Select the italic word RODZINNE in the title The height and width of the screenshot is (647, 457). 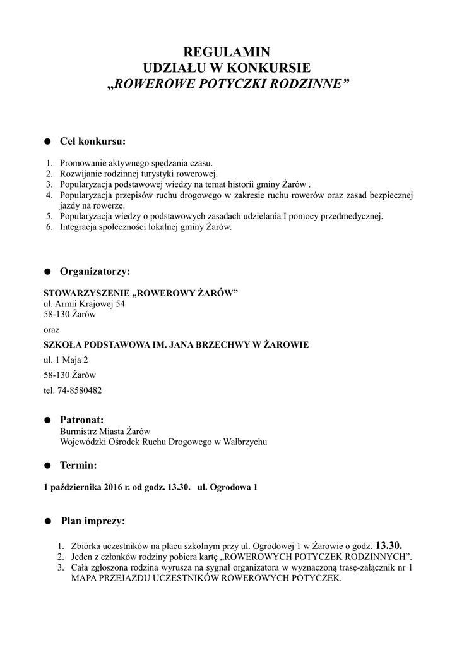(309, 83)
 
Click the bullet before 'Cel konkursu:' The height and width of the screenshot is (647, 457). (47, 141)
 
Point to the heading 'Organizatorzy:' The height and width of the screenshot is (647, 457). (95, 272)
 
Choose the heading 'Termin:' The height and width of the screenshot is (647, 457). (78, 466)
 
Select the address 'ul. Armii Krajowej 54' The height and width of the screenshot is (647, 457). (84, 304)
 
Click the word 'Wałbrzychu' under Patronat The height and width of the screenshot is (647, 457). (241, 442)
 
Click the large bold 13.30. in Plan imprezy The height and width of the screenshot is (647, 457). (388, 545)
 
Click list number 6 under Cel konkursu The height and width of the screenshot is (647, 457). (49, 227)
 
